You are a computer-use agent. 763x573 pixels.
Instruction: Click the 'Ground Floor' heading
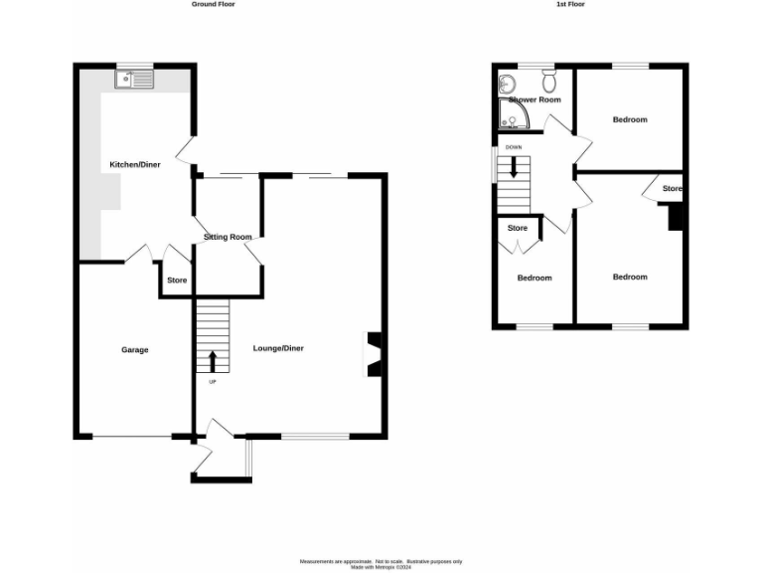[x=213, y=4]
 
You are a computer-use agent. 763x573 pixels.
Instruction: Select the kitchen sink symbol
[x=133, y=80]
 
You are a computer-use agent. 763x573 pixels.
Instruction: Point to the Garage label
[x=135, y=350]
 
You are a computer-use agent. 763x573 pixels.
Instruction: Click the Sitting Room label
[x=228, y=237]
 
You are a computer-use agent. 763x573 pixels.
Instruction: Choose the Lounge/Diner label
[x=278, y=348]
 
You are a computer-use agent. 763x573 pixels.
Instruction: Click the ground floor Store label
[x=177, y=281]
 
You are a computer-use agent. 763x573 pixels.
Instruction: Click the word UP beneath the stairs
[x=212, y=382]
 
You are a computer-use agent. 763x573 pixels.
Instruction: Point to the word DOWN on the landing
[x=513, y=147]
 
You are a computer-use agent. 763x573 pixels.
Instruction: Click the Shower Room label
[x=534, y=100]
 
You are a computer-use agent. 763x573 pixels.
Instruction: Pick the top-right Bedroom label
[x=629, y=120]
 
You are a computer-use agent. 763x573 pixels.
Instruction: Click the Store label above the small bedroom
[x=518, y=228]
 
